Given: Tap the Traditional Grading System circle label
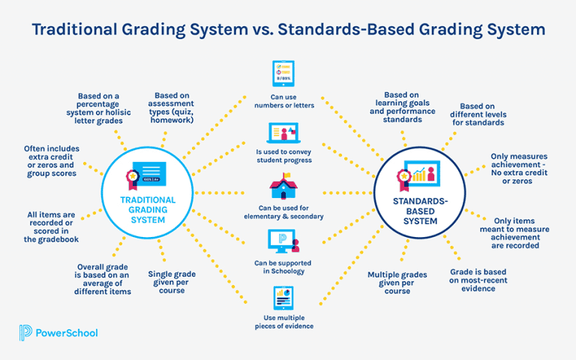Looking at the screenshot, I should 148,210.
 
